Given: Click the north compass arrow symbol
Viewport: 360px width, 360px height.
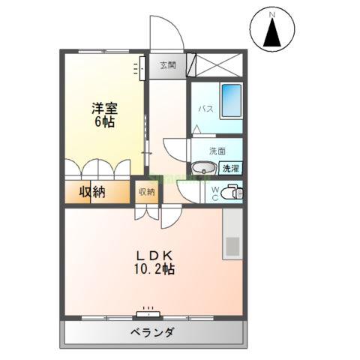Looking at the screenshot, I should click(x=271, y=33).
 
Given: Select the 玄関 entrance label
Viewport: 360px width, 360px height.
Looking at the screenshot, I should click(x=167, y=65).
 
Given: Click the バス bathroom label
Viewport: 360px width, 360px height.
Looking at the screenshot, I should click(x=205, y=109).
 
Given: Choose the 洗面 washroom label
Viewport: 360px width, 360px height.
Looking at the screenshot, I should click(x=217, y=150).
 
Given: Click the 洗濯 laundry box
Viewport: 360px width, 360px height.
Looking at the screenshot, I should click(x=230, y=169).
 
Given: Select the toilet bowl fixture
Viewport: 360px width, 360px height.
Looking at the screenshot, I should click(x=232, y=193).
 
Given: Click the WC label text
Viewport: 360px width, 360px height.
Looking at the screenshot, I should click(x=214, y=193).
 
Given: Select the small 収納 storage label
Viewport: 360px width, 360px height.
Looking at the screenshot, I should click(x=145, y=192).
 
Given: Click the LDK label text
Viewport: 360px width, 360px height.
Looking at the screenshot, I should click(x=152, y=253).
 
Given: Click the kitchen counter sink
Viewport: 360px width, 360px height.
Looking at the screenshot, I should click(x=232, y=245).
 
